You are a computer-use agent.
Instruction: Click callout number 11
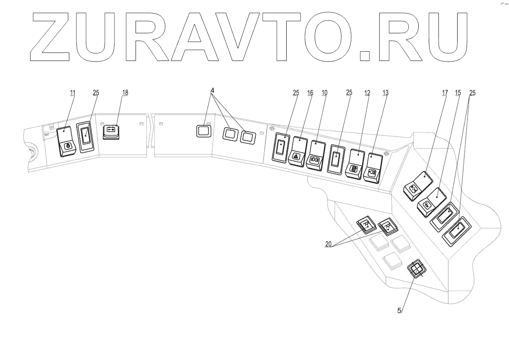click(x=73, y=92)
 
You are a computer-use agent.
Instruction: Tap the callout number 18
click(x=125, y=92)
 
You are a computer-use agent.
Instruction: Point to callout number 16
click(x=310, y=92)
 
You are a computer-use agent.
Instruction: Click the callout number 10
click(x=324, y=92)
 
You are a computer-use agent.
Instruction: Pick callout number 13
click(x=385, y=92)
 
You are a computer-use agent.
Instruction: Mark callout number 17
click(x=444, y=92)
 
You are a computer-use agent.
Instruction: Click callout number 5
click(x=399, y=310)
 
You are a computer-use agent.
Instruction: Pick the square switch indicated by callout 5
click(x=416, y=269)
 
